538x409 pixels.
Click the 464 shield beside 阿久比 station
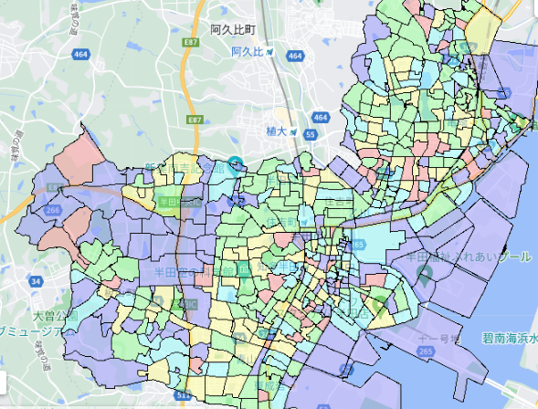[x=294, y=56]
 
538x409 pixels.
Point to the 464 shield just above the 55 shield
[x=319, y=118]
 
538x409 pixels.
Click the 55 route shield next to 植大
[x=311, y=134]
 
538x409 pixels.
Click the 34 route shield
[x=34, y=282]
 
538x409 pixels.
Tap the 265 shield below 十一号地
[x=426, y=351]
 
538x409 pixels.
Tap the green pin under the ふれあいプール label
[x=423, y=273]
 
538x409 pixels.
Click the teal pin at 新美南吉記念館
[x=237, y=165]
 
